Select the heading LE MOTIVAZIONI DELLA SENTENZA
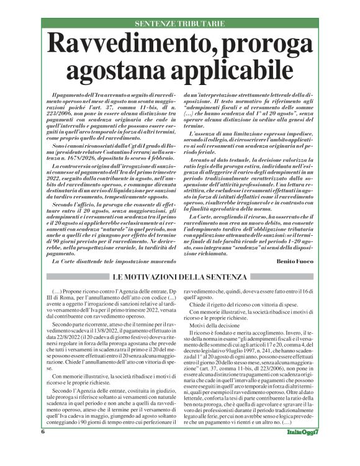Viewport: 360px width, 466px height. click(179, 276)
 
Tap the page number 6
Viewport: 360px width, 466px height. click(43, 449)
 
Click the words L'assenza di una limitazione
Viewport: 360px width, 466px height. click(228, 133)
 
